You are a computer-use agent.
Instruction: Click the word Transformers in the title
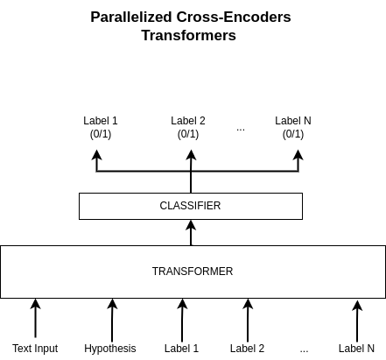[x=189, y=36]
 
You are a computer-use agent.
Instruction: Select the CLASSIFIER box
[x=190, y=206]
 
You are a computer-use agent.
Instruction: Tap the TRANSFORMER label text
[x=193, y=272]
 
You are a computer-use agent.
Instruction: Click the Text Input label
[x=35, y=349]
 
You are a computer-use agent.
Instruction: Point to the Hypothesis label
[x=110, y=349]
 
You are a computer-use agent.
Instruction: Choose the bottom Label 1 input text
[x=182, y=349]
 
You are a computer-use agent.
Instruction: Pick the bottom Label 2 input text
[x=247, y=349]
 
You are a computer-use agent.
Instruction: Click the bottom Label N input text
[x=356, y=349]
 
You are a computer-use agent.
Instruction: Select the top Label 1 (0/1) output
[x=101, y=127]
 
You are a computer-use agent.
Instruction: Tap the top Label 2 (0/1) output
[x=188, y=127]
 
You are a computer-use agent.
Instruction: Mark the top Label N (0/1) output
[x=293, y=127]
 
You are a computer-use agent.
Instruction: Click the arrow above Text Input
[x=35, y=319]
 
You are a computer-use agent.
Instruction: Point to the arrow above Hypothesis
[x=112, y=319]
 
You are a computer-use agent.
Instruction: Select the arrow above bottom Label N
[x=356, y=319]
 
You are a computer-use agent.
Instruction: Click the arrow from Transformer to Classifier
[x=191, y=233]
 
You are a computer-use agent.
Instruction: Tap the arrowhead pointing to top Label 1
[x=96, y=155]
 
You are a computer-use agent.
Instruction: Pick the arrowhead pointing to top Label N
[x=298, y=155]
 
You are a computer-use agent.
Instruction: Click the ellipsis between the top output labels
[x=241, y=129]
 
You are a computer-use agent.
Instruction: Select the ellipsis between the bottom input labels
[x=304, y=350]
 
